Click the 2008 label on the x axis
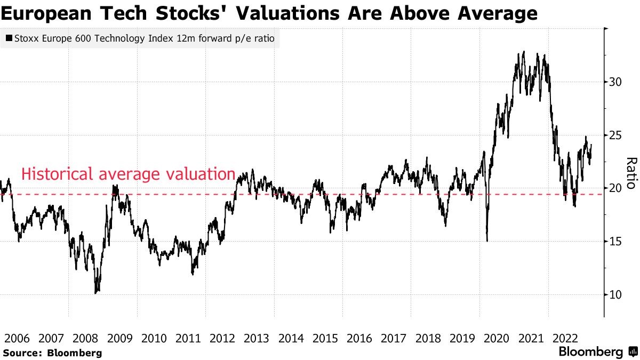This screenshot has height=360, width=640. click(x=85, y=338)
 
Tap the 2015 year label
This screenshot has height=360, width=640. click(x=325, y=338)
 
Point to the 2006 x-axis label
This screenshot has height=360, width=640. click(x=17, y=338)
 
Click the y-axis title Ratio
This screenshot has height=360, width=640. click(x=630, y=173)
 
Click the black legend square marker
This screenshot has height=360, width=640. click(x=9, y=38)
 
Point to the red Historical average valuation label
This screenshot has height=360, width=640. click(x=128, y=174)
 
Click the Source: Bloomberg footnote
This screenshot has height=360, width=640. click(x=52, y=353)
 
